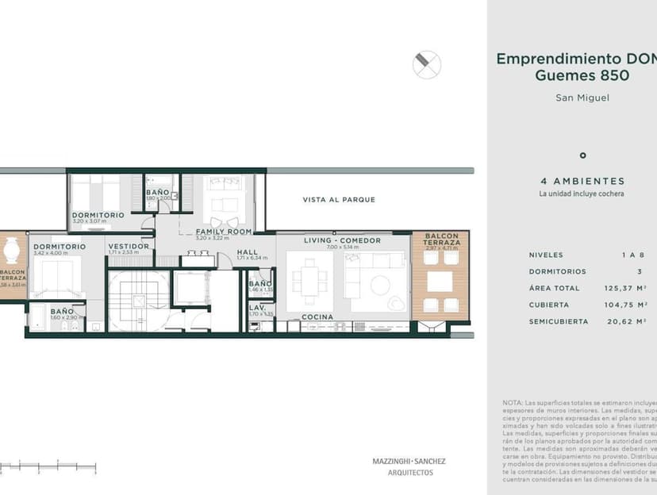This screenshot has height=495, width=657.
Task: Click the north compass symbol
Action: click(427, 64)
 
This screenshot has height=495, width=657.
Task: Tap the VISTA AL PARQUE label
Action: click(339, 200)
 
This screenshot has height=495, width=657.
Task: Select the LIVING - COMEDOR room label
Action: click(343, 240)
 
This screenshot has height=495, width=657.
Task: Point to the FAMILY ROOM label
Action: click(224, 232)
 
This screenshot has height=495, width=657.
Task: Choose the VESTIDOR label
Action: click(129, 247)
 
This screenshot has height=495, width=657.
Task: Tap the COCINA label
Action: click(317, 317)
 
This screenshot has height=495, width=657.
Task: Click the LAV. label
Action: click(257, 307)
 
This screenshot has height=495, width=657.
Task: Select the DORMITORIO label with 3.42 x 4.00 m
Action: click(60, 247)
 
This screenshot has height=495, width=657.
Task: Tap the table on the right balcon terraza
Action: click(440, 282)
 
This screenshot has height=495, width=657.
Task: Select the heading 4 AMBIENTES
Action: click(582, 181)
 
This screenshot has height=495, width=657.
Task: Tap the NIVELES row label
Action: click(546, 255)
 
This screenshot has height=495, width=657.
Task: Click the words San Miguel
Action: click(582, 98)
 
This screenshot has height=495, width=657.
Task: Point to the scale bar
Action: click(48, 466)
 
